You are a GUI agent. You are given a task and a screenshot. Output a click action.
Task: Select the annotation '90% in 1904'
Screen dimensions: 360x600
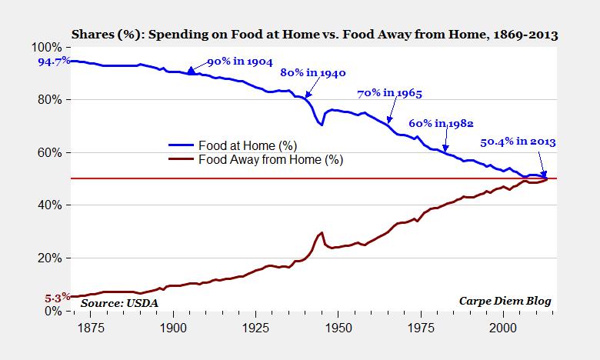tap(238, 62)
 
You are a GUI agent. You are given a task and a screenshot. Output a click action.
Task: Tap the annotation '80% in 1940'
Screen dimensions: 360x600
tap(312, 73)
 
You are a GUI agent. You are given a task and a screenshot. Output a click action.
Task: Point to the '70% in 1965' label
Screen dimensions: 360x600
tap(390, 94)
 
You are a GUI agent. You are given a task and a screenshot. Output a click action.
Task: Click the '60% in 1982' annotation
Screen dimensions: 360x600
tap(440, 123)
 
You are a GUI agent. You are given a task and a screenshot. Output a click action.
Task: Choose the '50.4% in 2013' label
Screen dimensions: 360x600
tap(518, 142)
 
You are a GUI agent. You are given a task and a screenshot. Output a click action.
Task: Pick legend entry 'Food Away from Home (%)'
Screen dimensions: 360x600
tap(270, 160)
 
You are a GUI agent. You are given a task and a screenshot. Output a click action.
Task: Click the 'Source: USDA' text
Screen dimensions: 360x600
tap(116, 302)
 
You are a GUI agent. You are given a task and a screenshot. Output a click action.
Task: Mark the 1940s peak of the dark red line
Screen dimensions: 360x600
tap(322, 232)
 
